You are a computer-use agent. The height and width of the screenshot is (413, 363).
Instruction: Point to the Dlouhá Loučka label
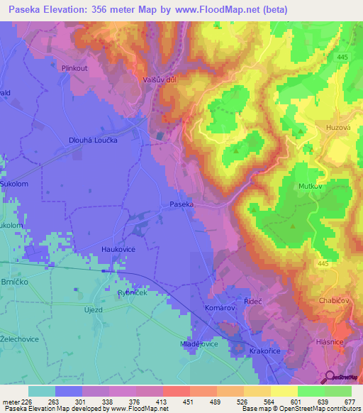[x=93, y=140]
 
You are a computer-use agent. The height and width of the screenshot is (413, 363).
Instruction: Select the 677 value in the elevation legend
[x=350, y=401]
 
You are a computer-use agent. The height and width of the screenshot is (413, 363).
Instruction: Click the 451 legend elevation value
[x=189, y=401]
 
